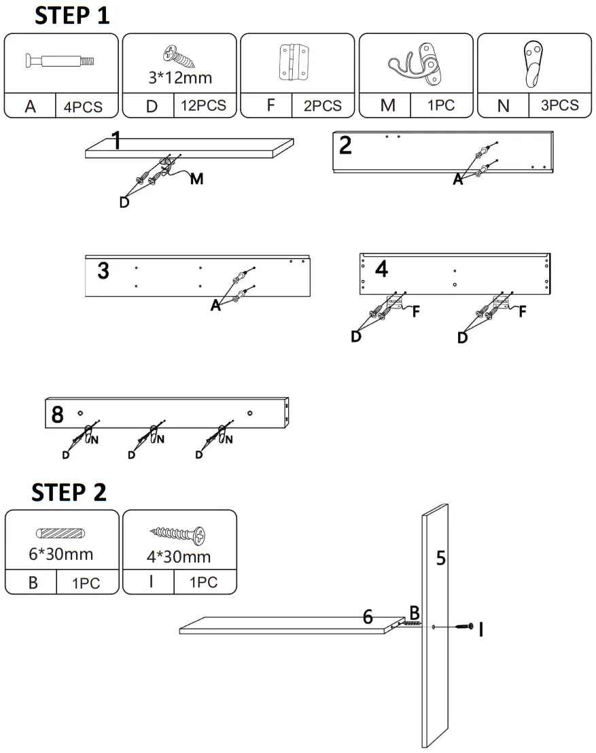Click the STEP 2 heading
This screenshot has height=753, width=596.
click(x=69, y=492)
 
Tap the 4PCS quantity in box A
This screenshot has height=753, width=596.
click(x=85, y=106)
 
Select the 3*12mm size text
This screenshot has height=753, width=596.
click(x=179, y=77)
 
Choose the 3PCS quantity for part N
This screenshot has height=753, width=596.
click(x=559, y=105)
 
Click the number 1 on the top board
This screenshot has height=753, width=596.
click(x=116, y=142)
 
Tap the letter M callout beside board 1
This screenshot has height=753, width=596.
click(x=196, y=179)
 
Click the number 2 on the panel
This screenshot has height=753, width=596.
click(x=346, y=146)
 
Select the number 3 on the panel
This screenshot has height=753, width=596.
click(x=103, y=272)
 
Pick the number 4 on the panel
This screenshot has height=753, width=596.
click(x=381, y=269)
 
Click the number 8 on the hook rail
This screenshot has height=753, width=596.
click(x=58, y=414)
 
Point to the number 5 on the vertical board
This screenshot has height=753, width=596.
click(x=441, y=559)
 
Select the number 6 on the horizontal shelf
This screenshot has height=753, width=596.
click(x=368, y=616)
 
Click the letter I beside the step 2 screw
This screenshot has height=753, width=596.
click(x=481, y=630)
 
